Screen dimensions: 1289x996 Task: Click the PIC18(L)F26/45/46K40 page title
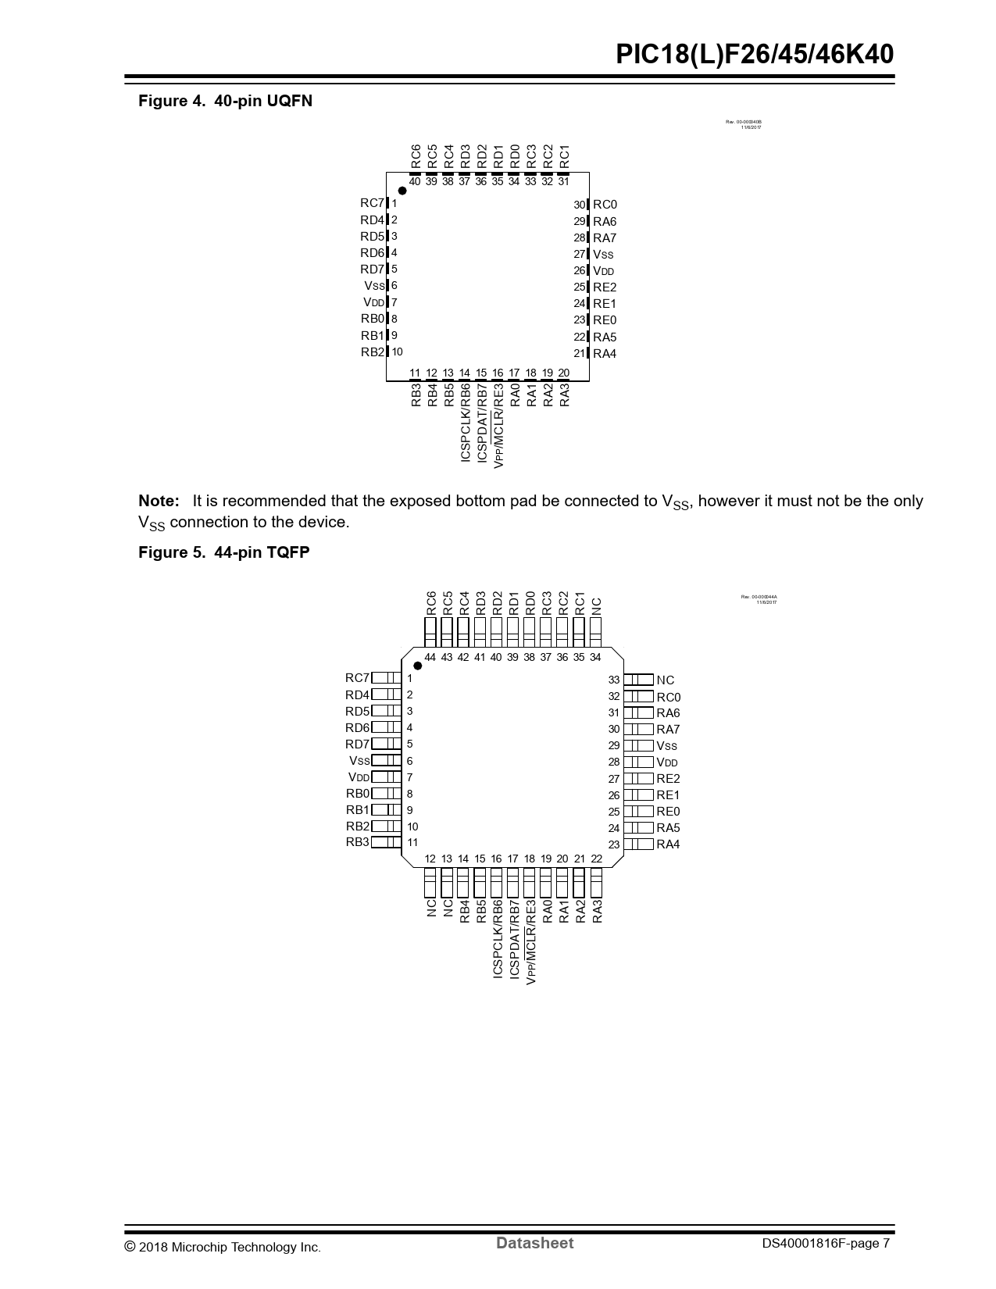click(x=754, y=55)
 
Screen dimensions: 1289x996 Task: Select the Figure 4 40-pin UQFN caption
click(x=225, y=101)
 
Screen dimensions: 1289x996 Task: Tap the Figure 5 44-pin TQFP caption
click(x=223, y=552)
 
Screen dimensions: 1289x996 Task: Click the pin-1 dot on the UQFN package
click(x=402, y=191)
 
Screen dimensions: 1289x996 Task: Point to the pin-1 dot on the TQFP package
click(x=418, y=666)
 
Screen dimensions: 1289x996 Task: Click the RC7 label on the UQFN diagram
click(x=372, y=203)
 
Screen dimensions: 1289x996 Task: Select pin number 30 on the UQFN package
click(x=579, y=205)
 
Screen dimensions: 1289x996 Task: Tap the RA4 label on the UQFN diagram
click(x=605, y=354)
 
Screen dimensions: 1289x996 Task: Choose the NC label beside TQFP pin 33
click(x=665, y=680)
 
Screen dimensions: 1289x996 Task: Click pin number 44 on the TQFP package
click(x=430, y=658)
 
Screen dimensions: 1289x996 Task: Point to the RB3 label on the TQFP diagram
click(x=358, y=842)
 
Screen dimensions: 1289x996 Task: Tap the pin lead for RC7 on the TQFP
click(x=386, y=678)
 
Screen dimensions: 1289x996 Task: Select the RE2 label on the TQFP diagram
click(x=668, y=779)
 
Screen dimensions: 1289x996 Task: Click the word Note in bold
click(x=159, y=501)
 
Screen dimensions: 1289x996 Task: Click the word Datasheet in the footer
click(x=534, y=1243)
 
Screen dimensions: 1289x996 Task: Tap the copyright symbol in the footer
click(x=130, y=1247)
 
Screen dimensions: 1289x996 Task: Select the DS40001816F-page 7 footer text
click(x=826, y=1244)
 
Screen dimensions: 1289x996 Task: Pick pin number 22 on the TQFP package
click(x=597, y=859)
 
